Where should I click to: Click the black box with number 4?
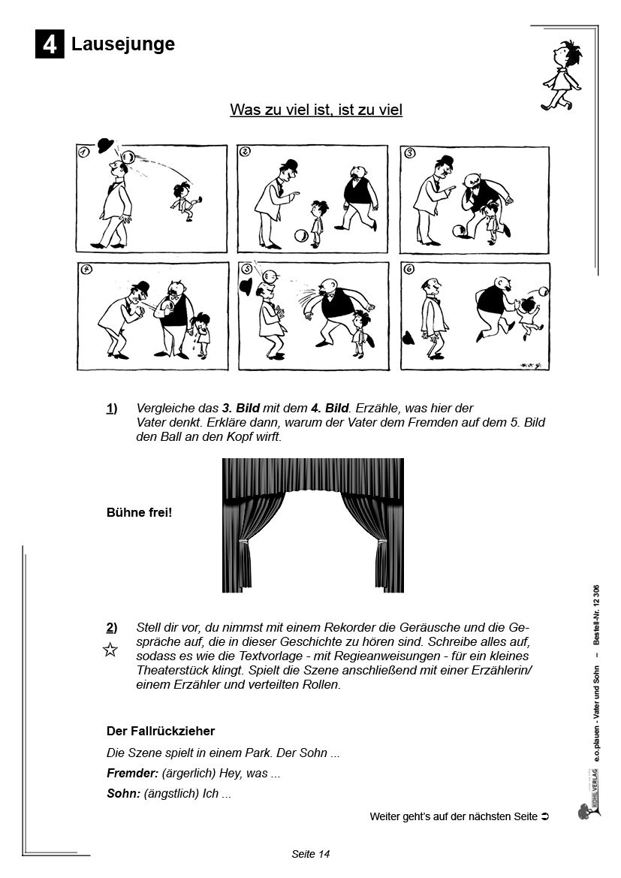click(x=50, y=45)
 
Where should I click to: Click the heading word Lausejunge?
click(x=123, y=44)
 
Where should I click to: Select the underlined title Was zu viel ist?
click(x=316, y=110)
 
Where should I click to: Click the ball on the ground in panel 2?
click(x=300, y=236)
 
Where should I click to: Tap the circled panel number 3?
click(x=410, y=153)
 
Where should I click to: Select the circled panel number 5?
click(x=247, y=271)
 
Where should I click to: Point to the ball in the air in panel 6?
click(x=542, y=292)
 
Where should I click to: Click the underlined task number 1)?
click(x=112, y=408)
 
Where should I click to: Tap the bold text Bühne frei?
click(x=140, y=513)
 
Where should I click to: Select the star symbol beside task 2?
click(x=110, y=650)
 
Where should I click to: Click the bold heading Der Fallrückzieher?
click(x=161, y=731)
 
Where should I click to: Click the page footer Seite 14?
click(x=311, y=854)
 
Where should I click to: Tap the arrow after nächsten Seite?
click(x=546, y=816)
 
